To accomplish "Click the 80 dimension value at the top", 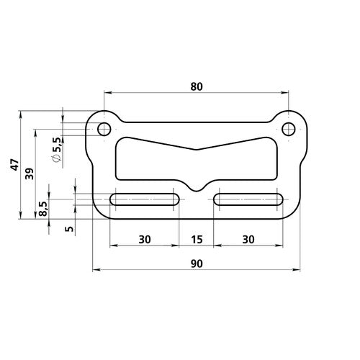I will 197,86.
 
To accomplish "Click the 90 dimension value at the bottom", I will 197,264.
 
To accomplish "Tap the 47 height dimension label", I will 13,166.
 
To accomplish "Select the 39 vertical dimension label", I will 30,174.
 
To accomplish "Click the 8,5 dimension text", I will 43,208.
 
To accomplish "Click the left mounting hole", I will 104,129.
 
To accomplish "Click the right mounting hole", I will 289,129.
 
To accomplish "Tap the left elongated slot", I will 145,199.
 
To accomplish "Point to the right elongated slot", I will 249,199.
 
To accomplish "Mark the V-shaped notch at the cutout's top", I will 197,150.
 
